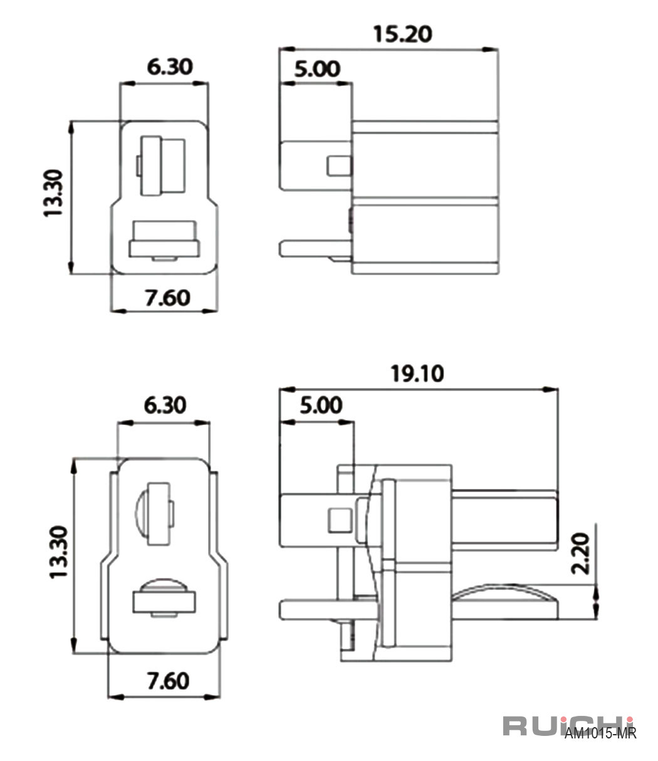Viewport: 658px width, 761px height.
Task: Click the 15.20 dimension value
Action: [x=402, y=34]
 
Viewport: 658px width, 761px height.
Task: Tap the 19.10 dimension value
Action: [x=417, y=374]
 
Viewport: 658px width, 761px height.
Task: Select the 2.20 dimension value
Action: [x=580, y=554]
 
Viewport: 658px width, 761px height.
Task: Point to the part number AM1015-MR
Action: [x=600, y=733]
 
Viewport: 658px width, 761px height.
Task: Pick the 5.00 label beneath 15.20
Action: [x=317, y=69]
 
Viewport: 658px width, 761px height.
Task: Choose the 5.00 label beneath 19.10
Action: [x=321, y=405]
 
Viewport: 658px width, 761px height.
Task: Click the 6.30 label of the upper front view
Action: [x=170, y=67]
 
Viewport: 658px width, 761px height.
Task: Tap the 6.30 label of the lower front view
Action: [x=165, y=405]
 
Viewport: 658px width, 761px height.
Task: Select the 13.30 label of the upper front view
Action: [x=54, y=193]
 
